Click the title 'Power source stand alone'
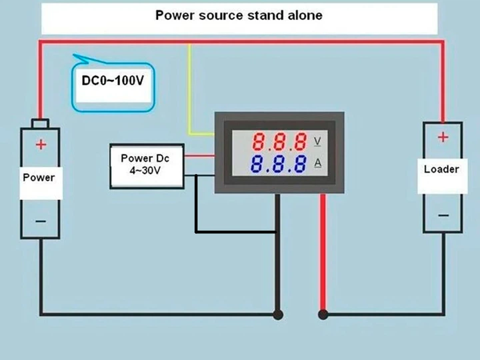click(x=239, y=15)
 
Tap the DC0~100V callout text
click(x=113, y=81)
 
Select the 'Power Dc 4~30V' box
click(x=147, y=166)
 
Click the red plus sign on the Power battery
click(x=41, y=144)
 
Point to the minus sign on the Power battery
click(x=41, y=221)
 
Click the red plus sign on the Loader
click(x=443, y=137)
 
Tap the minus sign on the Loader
click(x=443, y=215)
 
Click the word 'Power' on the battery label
click(x=39, y=177)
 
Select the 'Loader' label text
click(x=441, y=169)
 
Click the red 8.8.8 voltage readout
click(x=279, y=142)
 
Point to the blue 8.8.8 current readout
click(x=279, y=164)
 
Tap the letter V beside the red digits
click(x=317, y=141)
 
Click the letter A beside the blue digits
click(x=318, y=163)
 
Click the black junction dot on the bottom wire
click(x=277, y=315)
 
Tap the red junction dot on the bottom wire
click(x=323, y=315)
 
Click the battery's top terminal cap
click(x=40, y=123)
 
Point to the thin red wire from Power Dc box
click(x=199, y=156)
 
